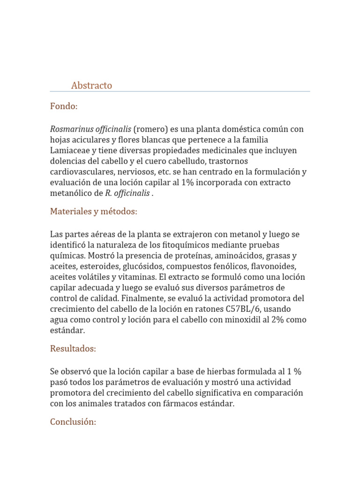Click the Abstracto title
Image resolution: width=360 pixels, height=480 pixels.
point(91,85)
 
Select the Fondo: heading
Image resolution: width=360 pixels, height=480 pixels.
point(64,106)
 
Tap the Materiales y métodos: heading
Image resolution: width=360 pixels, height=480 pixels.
point(94,211)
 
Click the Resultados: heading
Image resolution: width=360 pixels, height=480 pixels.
point(73,349)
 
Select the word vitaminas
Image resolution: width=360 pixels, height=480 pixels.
point(136,277)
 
